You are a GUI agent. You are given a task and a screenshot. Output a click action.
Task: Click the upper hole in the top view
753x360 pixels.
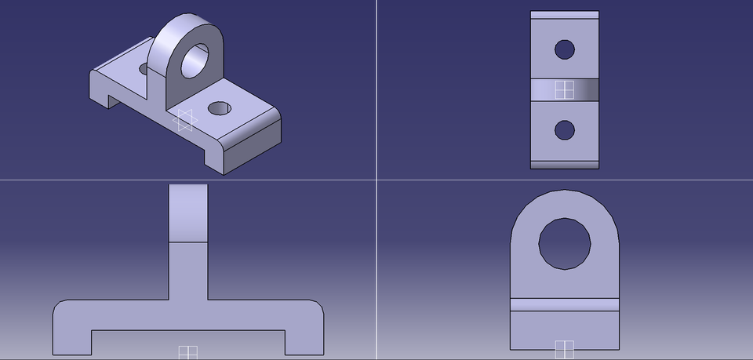point(564,49)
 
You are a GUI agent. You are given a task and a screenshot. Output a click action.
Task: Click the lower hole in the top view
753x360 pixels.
point(564,129)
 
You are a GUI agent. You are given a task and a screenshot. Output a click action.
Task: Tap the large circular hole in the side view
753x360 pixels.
point(564,243)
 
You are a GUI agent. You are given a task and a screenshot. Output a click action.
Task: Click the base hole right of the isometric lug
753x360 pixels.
point(220,107)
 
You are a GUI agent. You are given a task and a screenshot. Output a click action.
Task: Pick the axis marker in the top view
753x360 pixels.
point(563,90)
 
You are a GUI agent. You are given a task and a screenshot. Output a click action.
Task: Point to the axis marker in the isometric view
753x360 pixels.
point(185,119)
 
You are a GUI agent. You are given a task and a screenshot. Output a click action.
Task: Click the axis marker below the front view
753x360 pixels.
point(187,352)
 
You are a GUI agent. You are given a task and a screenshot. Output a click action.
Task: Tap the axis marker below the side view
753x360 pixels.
point(564,348)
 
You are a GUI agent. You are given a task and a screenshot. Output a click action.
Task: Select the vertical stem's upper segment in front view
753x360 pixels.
point(188,213)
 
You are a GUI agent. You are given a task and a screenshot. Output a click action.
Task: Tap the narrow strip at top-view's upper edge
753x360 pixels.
point(564,14)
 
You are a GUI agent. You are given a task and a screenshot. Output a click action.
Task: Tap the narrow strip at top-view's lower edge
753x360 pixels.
point(564,164)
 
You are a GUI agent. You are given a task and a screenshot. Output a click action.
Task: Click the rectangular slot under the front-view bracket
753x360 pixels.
point(188,342)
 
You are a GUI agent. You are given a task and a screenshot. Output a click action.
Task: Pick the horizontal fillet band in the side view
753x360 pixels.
point(564,305)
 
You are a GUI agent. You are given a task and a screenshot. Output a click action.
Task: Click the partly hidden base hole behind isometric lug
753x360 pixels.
point(144,70)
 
